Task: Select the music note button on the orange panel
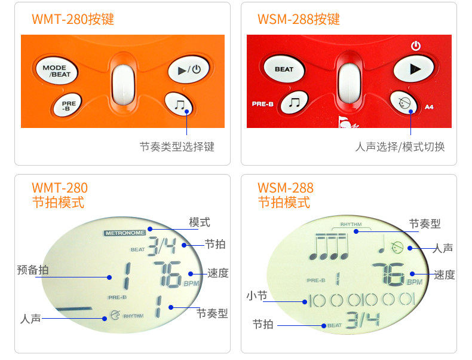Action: pos(180,105)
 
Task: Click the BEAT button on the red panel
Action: pos(284,69)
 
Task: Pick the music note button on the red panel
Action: pos(294,103)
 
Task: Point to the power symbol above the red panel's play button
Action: pos(416,45)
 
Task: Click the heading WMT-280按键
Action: pos(73,19)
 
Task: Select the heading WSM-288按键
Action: pos(299,19)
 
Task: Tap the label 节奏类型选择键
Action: pos(177,147)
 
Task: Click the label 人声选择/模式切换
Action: pos(400,147)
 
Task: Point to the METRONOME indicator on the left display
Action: pos(125,233)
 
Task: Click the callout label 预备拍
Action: pos(33,270)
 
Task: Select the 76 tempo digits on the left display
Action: pos(167,275)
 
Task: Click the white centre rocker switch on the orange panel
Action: pos(122,84)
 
